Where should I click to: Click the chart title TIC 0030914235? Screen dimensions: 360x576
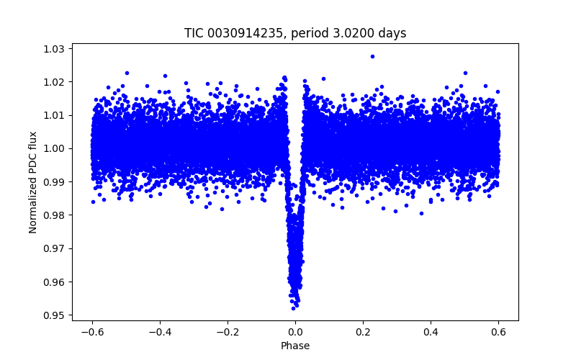pos(295,33)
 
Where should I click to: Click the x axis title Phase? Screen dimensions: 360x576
pos(295,346)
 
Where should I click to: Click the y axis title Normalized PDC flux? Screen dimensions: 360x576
pos(33,182)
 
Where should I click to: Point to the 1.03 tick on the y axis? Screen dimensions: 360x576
pos(53,49)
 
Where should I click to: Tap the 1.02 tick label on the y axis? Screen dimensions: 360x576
pos(53,82)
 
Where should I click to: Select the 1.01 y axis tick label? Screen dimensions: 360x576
pos(53,115)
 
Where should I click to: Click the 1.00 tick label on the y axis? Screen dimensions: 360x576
pos(53,148)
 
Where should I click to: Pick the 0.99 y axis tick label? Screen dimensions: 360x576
pos(53,181)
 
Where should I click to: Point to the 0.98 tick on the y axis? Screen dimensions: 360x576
pos(53,215)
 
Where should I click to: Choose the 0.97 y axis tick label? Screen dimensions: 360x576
pos(53,248)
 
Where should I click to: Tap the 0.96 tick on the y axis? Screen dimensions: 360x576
pos(53,282)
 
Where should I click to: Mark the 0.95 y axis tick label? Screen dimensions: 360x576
pos(53,315)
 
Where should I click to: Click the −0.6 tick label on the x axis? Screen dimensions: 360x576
pos(91,332)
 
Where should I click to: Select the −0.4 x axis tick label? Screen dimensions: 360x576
pos(158,332)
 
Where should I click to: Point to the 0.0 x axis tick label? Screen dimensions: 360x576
pos(295,332)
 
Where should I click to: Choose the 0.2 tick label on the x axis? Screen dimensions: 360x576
pos(363,332)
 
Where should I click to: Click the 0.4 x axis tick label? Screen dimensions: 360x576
pos(431,332)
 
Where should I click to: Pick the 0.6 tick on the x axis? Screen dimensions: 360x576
pos(498,332)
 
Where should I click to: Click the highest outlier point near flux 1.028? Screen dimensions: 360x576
pos(372,56)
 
